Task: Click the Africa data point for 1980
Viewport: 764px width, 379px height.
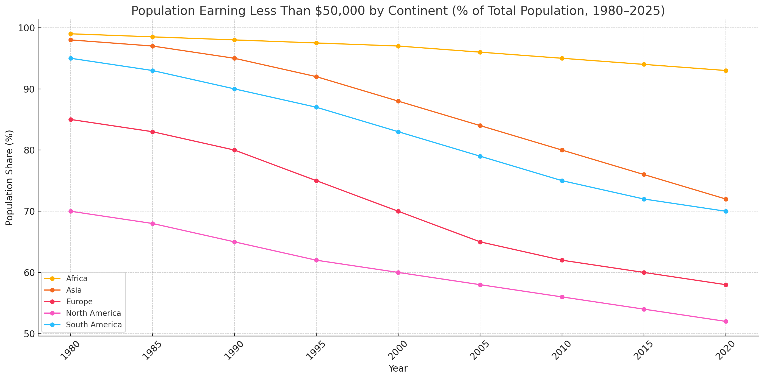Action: [x=71, y=34]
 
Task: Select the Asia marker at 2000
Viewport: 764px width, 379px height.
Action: [x=398, y=101]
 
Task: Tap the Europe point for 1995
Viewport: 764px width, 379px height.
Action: [x=316, y=181]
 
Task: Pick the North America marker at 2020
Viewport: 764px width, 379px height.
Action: [x=726, y=322]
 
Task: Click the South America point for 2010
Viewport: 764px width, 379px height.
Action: [x=562, y=181]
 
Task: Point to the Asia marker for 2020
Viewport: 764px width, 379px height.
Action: [x=726, y=199]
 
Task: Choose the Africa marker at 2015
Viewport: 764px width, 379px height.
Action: [x=644, y=64]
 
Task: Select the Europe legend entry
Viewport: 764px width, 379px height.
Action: [x=79, y=302]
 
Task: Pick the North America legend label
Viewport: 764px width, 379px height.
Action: [x=93, y=313]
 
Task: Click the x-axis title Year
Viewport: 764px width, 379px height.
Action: [x=398, y=368]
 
